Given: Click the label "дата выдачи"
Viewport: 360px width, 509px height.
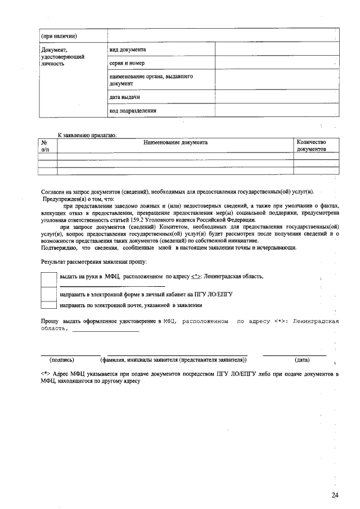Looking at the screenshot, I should click(125, 97).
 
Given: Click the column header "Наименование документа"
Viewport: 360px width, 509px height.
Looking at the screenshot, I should click(175, 142).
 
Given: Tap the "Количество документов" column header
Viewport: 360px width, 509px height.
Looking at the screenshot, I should click(311, 146).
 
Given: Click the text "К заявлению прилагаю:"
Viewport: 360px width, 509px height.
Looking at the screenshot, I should click(87, 135).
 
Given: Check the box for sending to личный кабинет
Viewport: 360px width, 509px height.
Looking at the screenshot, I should click(49, 294).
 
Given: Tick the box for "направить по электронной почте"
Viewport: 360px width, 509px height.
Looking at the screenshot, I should click(49, 305).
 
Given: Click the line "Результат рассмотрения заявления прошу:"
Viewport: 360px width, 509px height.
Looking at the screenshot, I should click(94, 262).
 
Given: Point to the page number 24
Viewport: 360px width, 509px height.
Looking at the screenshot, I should click(335, 494).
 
